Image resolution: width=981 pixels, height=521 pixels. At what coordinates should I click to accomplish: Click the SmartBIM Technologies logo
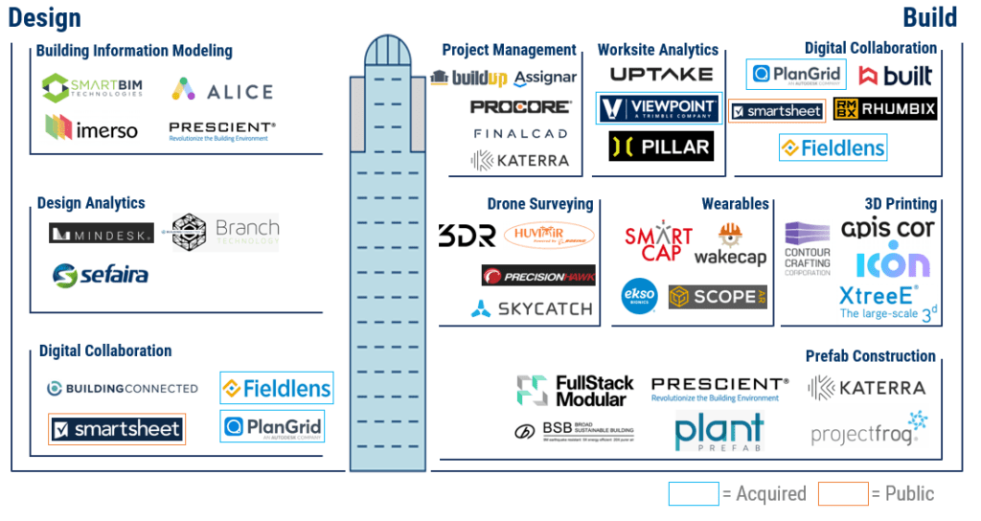pyautogui.click(x=95, y=88)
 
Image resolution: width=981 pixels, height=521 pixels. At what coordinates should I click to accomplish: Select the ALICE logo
pyautogui.click(x=222, y=91)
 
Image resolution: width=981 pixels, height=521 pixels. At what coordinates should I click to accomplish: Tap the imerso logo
pyautogui.click(x=92, y=127)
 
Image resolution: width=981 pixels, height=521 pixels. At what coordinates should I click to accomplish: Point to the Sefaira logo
pyautogui.click(x=101, y=276)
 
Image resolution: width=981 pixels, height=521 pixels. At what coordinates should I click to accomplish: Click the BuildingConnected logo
pyautogui.click(x=124, y=388)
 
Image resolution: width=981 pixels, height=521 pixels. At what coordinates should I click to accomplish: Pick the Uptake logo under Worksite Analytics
pyautogui.click(x=661, y=74)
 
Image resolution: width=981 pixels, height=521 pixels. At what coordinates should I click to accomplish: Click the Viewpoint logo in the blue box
pyautogui.click(x=659, y=108)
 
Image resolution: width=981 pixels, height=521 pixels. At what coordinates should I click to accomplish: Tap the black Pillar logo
pyautogui.click(x=661, y=147)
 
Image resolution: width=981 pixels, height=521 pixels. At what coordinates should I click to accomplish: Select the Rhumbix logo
pyautogui.click(x=884, y=108)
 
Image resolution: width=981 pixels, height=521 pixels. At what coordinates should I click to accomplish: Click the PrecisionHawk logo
pyautogui.click(x=538, y=275)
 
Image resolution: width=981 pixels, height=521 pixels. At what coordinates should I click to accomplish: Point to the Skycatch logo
pyautogui.click(x=532, y=308)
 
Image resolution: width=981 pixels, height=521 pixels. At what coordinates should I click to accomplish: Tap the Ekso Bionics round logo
pyautogui.click(x=638, y=295)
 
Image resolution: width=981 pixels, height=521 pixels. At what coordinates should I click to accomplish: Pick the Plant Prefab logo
pyautogui.click(x=719, y=432)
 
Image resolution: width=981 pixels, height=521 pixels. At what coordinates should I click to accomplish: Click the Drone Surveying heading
pyautogui.click(x=539, y=204)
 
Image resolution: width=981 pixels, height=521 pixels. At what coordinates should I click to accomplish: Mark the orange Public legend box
pyautogui.click(x=843, y=493)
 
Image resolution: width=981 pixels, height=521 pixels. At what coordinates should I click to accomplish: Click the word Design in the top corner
pyautogui.click(x=45, y=17)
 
